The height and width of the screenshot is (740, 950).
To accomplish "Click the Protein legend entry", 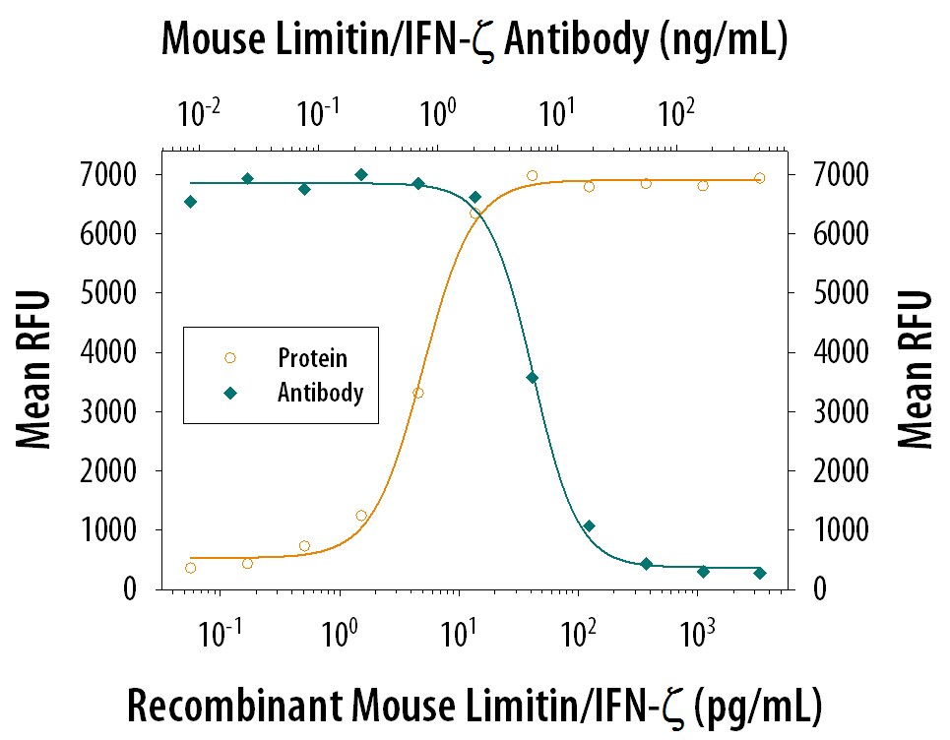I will point(312,359).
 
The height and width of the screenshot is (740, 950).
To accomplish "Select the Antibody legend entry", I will point(320,393).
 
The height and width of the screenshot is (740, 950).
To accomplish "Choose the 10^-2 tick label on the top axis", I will point(197,115).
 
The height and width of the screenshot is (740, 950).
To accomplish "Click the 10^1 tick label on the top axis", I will point(556,115).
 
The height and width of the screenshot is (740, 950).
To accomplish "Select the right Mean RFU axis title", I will point(916,370).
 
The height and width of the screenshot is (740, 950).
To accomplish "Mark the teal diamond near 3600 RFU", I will point(533,378).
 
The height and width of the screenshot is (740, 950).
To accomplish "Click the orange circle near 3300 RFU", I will point(418,393).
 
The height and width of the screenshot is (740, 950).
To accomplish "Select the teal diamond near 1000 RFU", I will point(589,526).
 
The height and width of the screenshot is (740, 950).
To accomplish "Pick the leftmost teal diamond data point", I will point(190,202).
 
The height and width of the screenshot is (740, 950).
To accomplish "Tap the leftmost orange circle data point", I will point(190,568).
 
